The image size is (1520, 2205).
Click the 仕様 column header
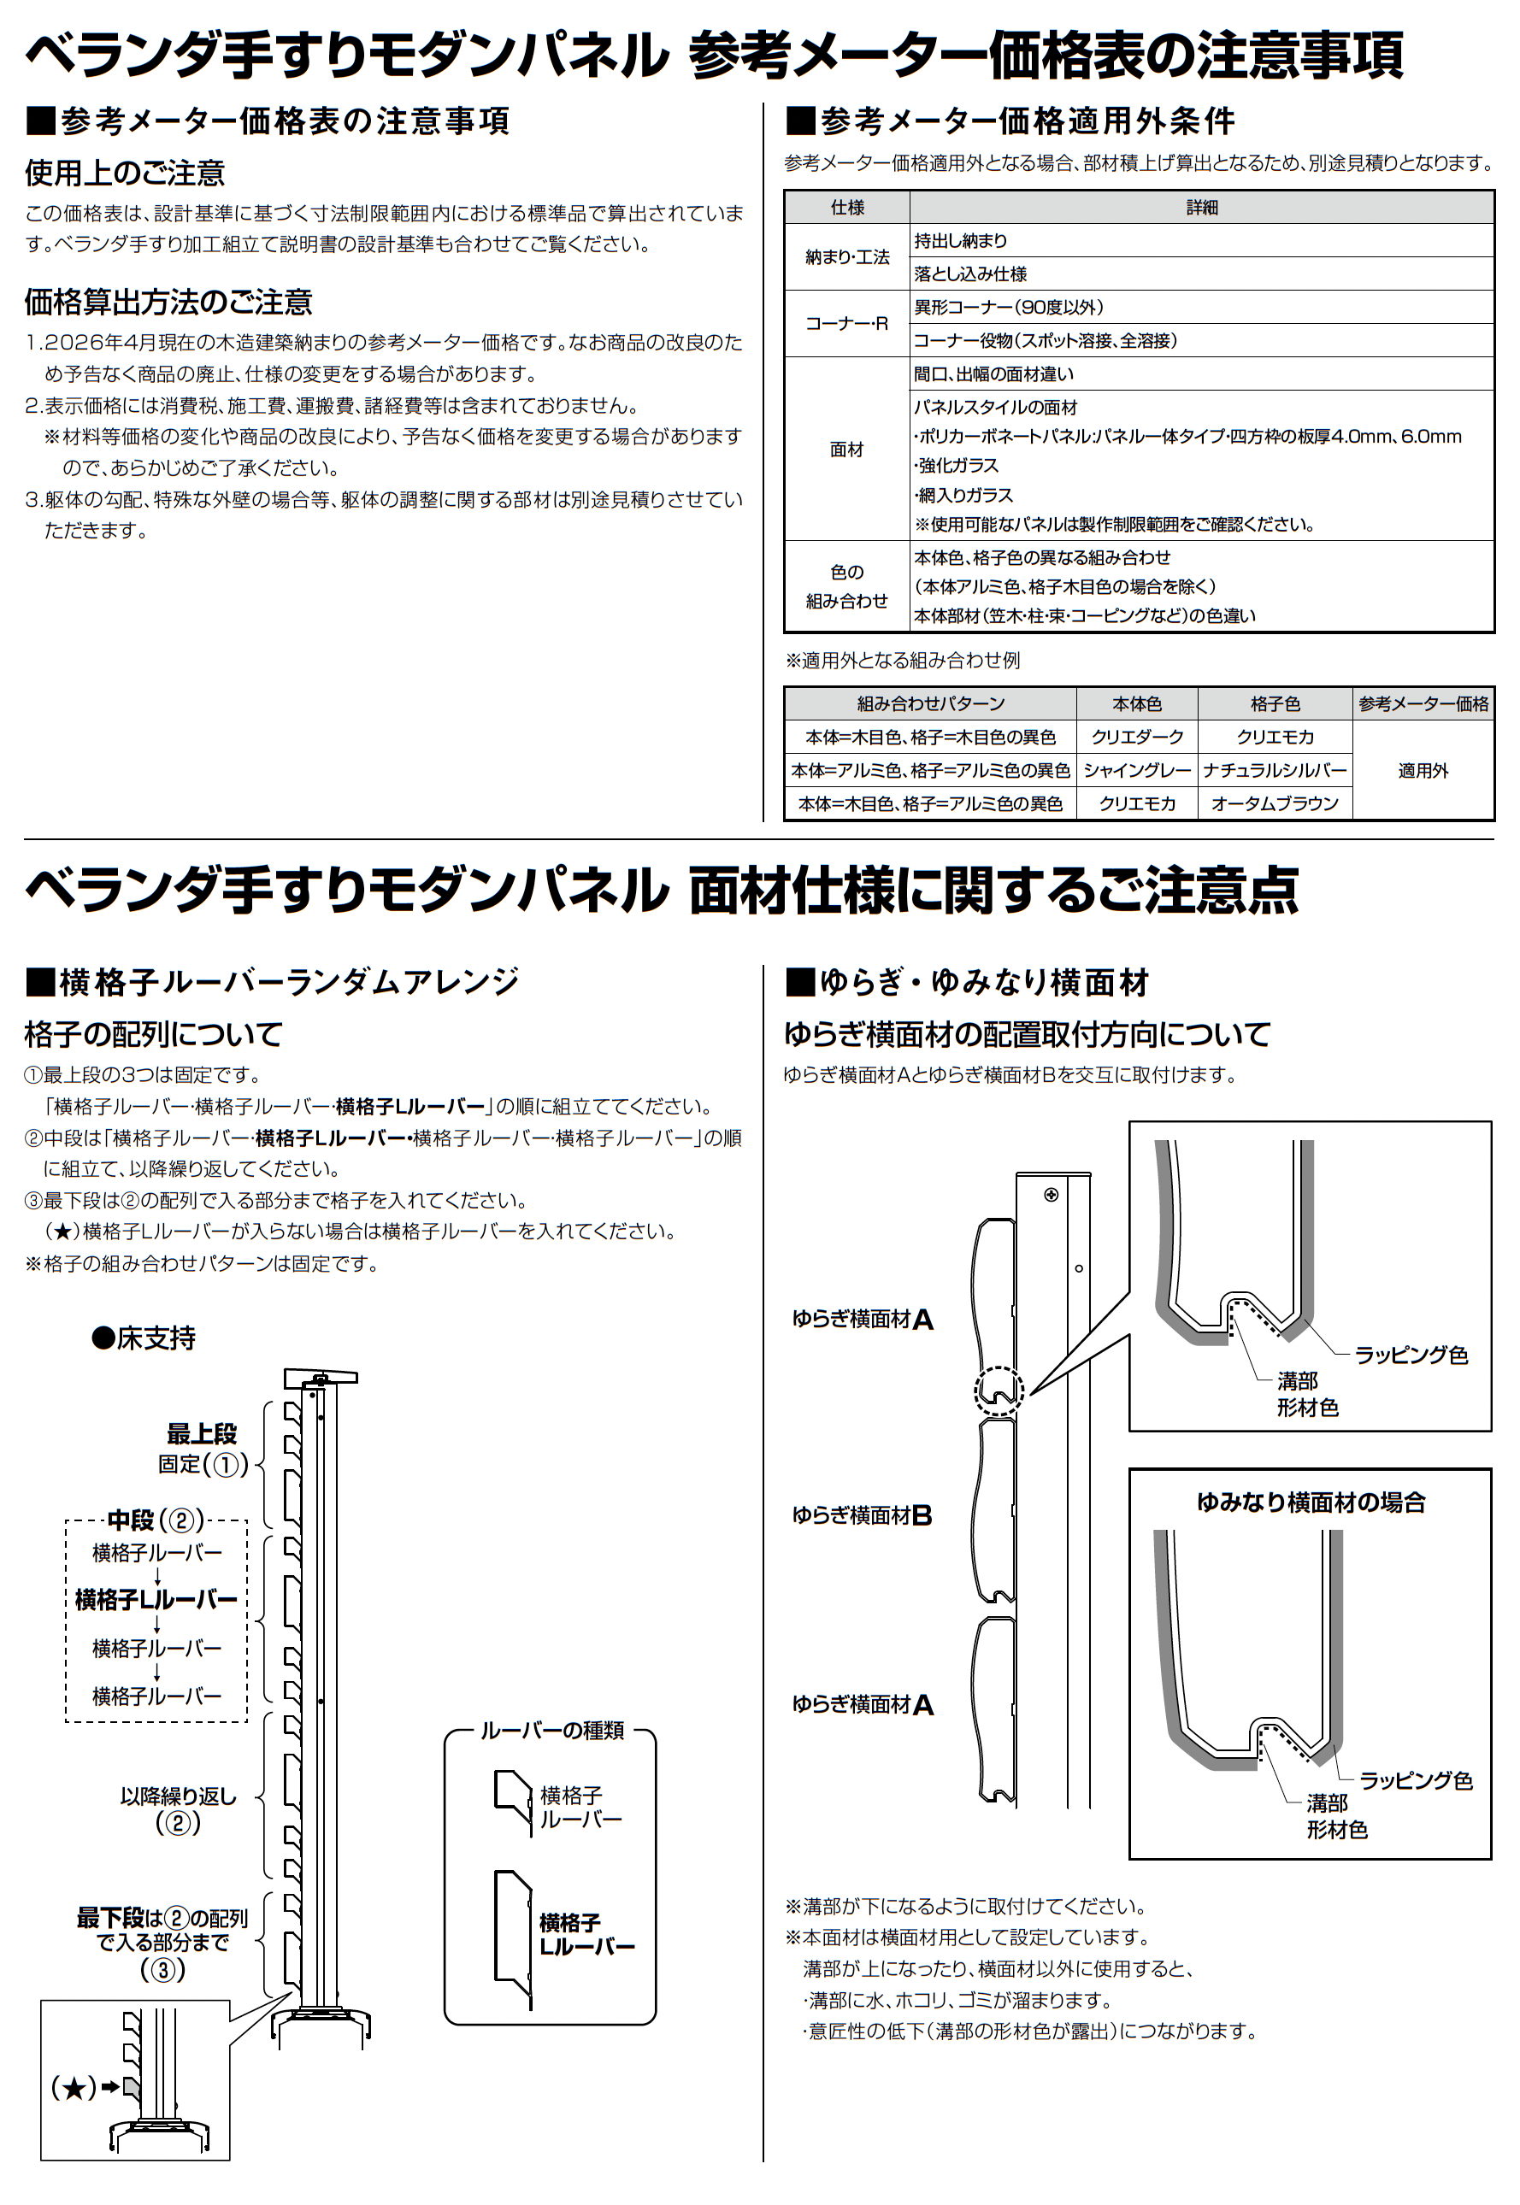(845, 208)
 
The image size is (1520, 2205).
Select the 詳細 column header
(1201, 208)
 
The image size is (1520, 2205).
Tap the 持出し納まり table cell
(960, 241)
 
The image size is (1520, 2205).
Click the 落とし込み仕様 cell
(970, 274)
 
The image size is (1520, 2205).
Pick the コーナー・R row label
(845, 324)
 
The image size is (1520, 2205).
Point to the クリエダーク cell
(1136, 737)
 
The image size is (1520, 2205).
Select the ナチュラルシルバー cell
(1275, 770)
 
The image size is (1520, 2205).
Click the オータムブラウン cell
(1275, 803)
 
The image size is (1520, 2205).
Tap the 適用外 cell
(1423, 770)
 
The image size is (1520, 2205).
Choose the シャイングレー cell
(1136, 770)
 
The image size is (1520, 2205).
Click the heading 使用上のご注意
(125, 173)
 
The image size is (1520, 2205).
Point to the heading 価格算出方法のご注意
(168, 302)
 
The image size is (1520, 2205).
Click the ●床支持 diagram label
(144, 1338)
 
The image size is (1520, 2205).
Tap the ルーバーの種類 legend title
(551, 1730)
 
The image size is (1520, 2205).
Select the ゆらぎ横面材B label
(862, 1514)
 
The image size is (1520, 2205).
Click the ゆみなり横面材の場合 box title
(1311, 1502)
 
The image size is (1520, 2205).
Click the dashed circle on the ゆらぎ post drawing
(999, 1392)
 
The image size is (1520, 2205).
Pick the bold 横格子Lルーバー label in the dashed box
(156, 1600)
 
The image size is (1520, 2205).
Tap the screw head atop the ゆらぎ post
(1052, 1195)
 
